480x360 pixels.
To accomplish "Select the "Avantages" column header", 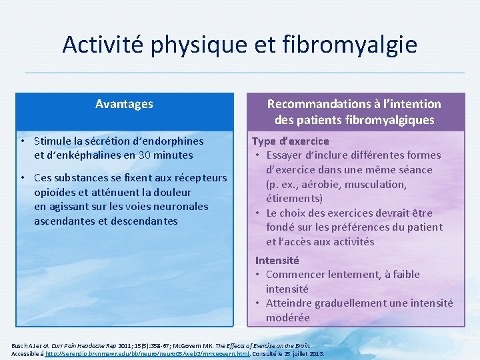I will (124, 104).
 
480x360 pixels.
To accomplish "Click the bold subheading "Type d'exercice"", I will (290, 141).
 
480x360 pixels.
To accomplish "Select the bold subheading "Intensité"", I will (277, 260).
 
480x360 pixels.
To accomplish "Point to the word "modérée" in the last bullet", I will (288, 317).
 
